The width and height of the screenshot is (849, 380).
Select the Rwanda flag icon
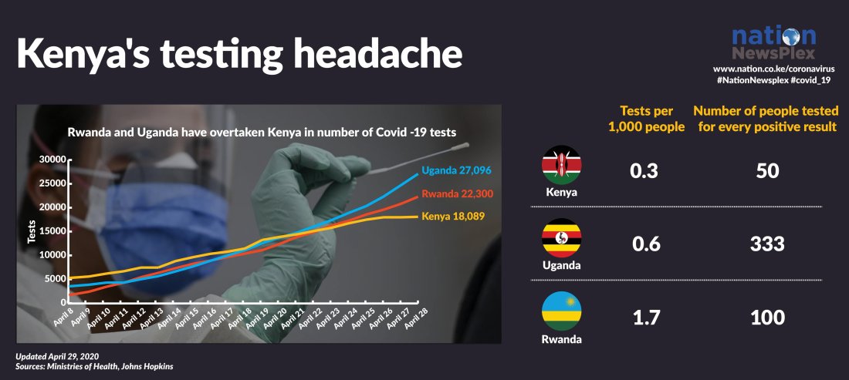click(562, 311)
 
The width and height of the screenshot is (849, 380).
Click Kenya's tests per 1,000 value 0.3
click(644, 171)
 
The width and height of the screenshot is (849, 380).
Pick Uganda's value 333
click(766, 244)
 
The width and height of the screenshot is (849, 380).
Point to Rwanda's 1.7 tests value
click(644, 317)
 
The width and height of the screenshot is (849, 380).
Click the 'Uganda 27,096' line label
click(456, 170)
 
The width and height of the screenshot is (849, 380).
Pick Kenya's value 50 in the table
click(766, 171)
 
